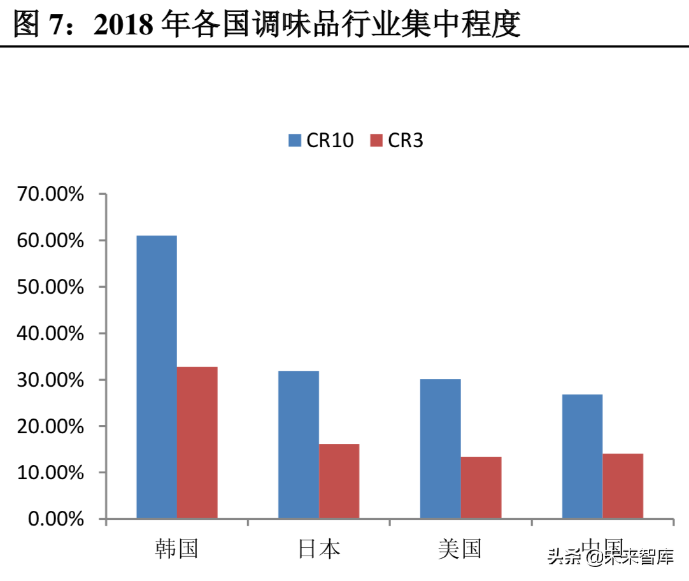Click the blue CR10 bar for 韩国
(x=157, y=377)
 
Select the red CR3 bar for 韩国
(x=197, y=442)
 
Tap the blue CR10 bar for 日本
(x=299, y=444)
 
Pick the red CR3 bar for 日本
(x=339, y=481)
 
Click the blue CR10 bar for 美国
(x=441, y=448)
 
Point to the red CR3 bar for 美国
(x=481, y=487)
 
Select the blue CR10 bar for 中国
(x=583, y=456)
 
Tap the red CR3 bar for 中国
(x=623, y=485)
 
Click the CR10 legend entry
(x=320, y=140)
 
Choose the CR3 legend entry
(x=397, y=140)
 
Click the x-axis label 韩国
(x=176, y=549)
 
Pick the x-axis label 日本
(x=318, y=549)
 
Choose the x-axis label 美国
(x=460, y=549)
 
